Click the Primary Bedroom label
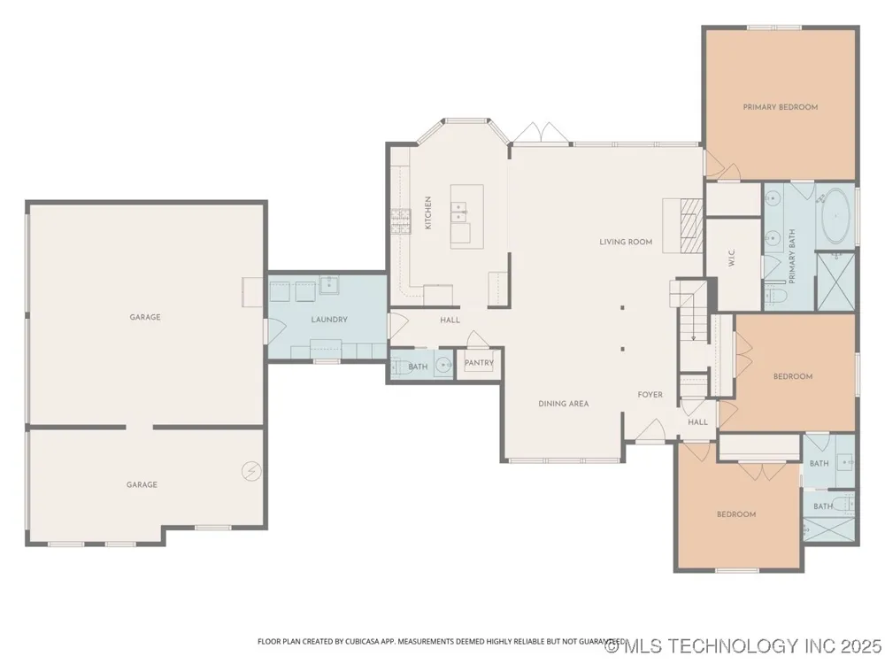(x=780, y=107)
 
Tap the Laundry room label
(x=329, y=320)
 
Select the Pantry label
(x=479, y=363)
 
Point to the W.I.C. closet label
(x=732, y=259)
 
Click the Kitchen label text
(x=427, y=212)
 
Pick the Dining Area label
(x=563, y=404)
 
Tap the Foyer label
(x=650, y=395)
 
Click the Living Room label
(x=626, y=242)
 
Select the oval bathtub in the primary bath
(x=835, y=216)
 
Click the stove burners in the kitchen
(x=401, y=220)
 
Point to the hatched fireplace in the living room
(x=691, y=225)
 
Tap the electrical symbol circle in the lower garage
(x=251, y=471)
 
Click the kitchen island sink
(x=459, y=212)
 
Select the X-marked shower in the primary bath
(x=836, y=282)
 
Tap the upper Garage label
(x=145, y=317)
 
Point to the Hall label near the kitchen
(x=450, y=320)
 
